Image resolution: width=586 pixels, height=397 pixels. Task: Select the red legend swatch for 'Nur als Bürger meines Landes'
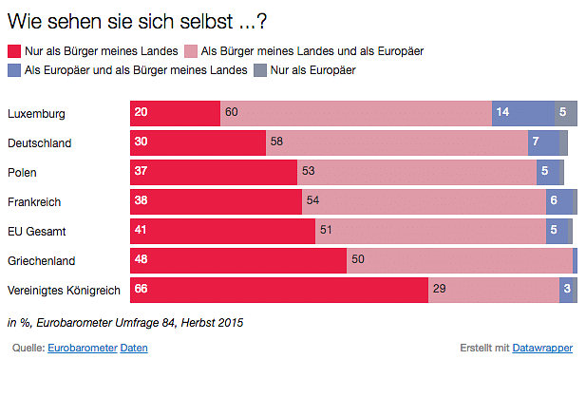tap(14, 50)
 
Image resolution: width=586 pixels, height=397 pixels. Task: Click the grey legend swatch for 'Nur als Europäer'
tap(260, 70)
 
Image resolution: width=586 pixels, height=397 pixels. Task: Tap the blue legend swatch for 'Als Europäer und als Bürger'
tap(14, 70)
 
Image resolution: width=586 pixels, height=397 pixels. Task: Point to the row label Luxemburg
tap(36, 114)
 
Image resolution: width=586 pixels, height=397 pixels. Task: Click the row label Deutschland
tap(40, 143)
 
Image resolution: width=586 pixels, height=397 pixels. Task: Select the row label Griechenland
tap(41, 260)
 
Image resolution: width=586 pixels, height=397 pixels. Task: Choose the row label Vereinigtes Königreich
tap(62, 290)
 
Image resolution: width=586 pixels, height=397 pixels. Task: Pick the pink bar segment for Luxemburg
tap(356, 113)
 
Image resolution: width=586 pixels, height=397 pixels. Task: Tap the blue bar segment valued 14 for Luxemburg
tap(522, 113)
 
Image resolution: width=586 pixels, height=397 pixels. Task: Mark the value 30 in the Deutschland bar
tap(142, 142)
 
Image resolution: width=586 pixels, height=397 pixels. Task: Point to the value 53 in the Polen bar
tap(309, 172)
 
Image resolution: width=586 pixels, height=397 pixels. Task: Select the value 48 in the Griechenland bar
tap(142, 260)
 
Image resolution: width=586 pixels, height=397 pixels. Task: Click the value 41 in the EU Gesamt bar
tap(142, 231)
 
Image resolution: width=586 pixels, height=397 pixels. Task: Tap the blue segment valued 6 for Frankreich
tap(559, 201)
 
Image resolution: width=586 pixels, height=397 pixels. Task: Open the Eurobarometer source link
tap(81, 349)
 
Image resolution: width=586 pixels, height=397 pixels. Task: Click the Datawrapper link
tap(542, 349)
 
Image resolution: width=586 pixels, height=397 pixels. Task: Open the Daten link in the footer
tap(134, 349)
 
